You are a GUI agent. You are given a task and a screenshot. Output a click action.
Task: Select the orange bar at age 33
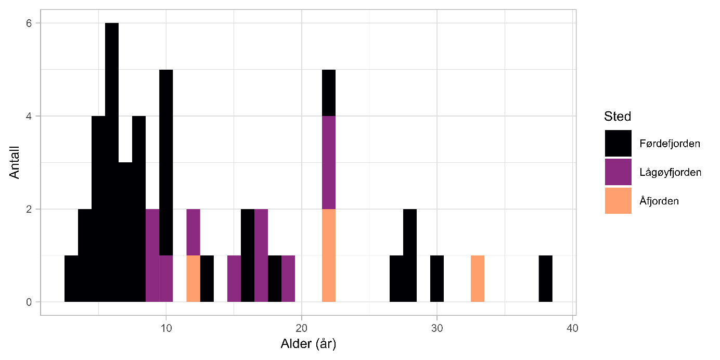tap(478, 279)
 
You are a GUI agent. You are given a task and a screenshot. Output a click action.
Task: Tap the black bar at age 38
tap(545, 279)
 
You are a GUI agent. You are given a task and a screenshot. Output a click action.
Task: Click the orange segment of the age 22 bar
tap(329, 255)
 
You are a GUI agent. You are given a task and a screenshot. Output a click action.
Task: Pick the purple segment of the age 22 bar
tap(329, 162)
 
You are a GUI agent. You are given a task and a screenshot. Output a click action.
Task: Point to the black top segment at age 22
tap(329, 93)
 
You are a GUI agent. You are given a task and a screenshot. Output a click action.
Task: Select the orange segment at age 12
tap(194, 279)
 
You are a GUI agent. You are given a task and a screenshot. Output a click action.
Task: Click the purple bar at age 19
tap(288, 279)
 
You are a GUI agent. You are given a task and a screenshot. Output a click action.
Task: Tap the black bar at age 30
tap(437, 279)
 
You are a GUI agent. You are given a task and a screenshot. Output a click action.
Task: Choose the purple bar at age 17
tap(261, 255)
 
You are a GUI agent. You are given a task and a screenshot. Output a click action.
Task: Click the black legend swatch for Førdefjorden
tap(618, 143)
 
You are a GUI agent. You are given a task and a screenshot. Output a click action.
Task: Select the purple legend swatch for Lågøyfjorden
tap(618, 172)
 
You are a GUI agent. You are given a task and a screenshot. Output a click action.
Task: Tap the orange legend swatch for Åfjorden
tap(618, 201)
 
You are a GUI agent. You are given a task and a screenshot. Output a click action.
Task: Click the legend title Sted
tap(618, 115)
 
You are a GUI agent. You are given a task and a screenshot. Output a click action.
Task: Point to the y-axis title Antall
tap(15, 162)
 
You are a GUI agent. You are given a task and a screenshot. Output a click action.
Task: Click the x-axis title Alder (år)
tap(308, 344)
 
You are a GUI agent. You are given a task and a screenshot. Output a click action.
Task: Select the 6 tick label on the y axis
tap(30, 23)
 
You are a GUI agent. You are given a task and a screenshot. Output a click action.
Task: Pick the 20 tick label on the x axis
tap(302, 328)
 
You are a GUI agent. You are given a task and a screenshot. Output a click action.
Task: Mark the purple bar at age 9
tap(152, 255)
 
